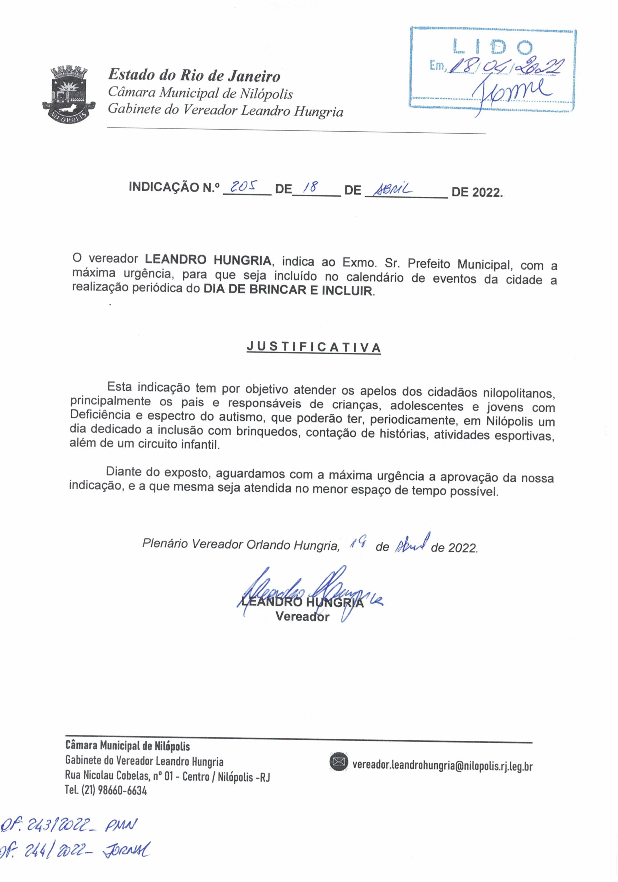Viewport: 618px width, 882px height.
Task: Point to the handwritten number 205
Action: [243, 187]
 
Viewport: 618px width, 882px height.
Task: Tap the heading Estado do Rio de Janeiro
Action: [194, 75]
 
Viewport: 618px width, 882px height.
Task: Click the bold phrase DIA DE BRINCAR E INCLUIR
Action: [288, 290]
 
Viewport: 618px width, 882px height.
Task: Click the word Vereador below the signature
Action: [302, 617]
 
